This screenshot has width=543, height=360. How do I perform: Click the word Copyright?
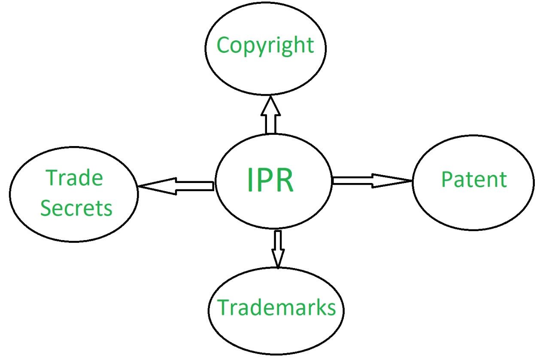pos(265,45)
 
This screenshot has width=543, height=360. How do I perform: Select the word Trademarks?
pos(276,307)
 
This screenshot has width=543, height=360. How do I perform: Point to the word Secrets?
pos(76,208)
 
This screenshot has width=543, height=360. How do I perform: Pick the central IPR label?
pos(270,180)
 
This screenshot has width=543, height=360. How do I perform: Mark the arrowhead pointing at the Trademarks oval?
pos(278,257)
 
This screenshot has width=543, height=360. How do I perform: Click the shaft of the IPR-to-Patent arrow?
pos(352,181)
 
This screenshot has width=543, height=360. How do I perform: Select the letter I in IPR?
pos(249,180)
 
